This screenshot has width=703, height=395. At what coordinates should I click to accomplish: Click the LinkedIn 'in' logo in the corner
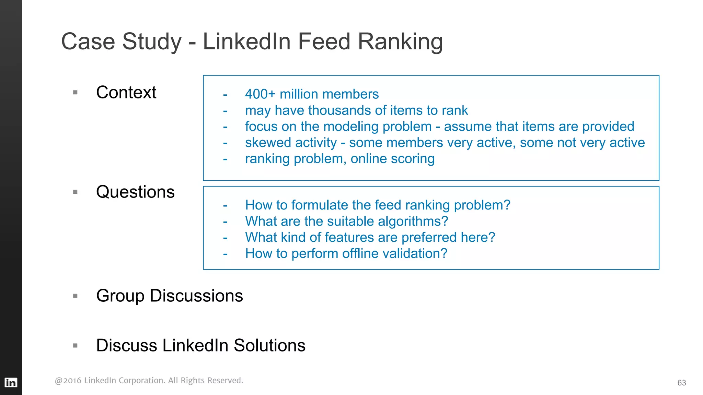click(x=11, y=382)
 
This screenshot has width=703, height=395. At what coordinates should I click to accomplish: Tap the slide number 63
click(x=681, y=383)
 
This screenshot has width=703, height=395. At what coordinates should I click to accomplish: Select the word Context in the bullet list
click(x=126, y=92)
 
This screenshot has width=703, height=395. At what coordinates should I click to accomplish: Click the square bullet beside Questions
click(x=76, y=192)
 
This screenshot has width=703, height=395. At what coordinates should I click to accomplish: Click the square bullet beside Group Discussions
click(x=76, y=296)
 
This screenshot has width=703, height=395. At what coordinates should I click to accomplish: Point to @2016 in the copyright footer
click(x=68, y=381)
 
